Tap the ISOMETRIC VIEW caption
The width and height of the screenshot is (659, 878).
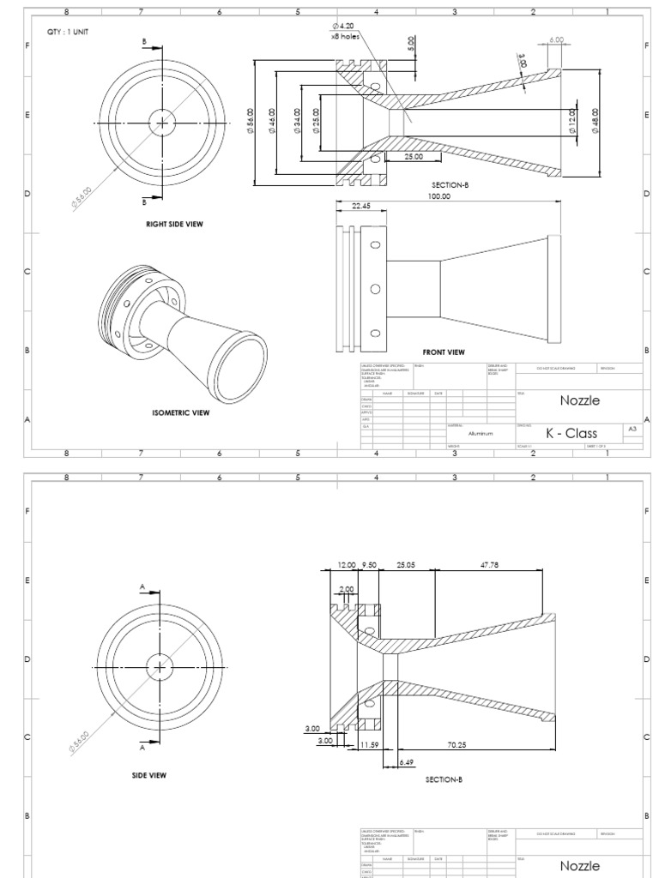180,412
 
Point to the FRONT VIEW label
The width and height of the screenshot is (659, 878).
444,352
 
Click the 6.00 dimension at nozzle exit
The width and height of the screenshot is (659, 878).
556,39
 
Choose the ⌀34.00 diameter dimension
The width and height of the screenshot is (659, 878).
298,122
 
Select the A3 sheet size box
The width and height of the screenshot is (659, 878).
632,429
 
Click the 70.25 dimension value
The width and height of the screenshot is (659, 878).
481,745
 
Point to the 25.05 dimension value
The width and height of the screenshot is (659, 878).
406,565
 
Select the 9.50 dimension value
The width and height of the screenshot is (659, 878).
369,565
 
